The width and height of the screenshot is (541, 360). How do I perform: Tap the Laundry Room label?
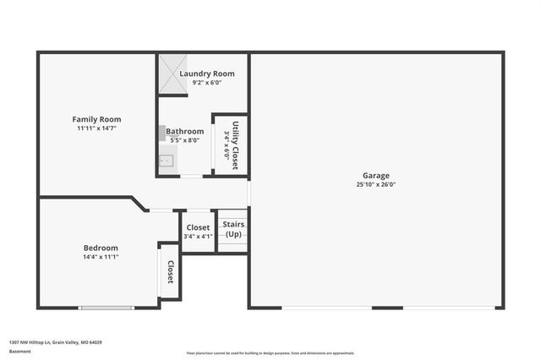pyautogui.click(x=207, y=74)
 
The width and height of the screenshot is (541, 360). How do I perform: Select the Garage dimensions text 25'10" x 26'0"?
pyautogui.click(x=376, y=184)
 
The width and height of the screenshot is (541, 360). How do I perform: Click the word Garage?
pyautogui.click(x=376, y=175)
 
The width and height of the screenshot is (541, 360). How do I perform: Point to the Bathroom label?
pyautogui.click(x=184, y=131)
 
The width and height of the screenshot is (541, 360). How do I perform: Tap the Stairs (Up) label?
pyautogui.click(x=233, y=229)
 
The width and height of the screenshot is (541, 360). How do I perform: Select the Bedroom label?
pyautogui.click(x=101, y=248)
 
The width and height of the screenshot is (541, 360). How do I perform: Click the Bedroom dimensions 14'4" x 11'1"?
pyautogui.click(x=101, y=257)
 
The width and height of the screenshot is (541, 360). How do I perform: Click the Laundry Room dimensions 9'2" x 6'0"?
pyautogui.click(x=207, y=83)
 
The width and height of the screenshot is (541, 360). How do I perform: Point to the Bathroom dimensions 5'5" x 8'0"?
pyautogui.click(x=184, y=140)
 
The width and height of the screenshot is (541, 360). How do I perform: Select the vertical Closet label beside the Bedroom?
pyautogui.click(x=170, y=272)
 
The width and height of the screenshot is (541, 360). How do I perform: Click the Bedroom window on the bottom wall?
pyautogui.click(x=107, y=308)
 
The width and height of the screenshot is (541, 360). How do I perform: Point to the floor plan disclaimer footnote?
pyautogui.click(x=270, y=352)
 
